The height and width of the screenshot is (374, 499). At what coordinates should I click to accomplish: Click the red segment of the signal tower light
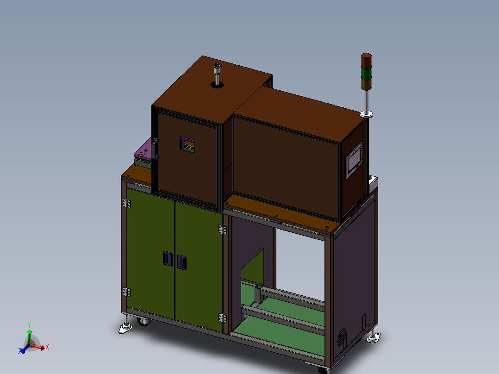click(x=366, y=61)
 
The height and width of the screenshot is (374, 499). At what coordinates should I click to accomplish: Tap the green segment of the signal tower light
click(x=366, y=74)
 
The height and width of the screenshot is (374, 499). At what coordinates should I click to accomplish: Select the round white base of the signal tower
click(x=367, y=114)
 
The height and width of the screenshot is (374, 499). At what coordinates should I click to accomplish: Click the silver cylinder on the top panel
click(x=217, y=74)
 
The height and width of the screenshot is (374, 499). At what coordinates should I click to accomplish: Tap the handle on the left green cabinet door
click(x=167, y=257)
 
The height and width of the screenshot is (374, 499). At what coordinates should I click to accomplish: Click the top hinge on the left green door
click(x=126, y=203)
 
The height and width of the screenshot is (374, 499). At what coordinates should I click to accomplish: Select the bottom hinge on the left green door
click(x=126, y=292)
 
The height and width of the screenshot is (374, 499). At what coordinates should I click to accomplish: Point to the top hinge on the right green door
click(x=222, y=229)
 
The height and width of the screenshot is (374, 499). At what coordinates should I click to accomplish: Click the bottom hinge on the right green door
click(x=222, y=318)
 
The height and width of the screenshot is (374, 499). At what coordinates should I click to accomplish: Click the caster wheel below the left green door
click(x=143, y=322)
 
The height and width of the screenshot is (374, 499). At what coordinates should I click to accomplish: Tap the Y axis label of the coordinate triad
click(x=29, y=324)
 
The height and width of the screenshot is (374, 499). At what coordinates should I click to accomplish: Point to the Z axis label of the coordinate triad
click(x=20, y=351)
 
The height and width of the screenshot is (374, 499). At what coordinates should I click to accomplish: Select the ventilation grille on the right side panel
click(x=342, y=337)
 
